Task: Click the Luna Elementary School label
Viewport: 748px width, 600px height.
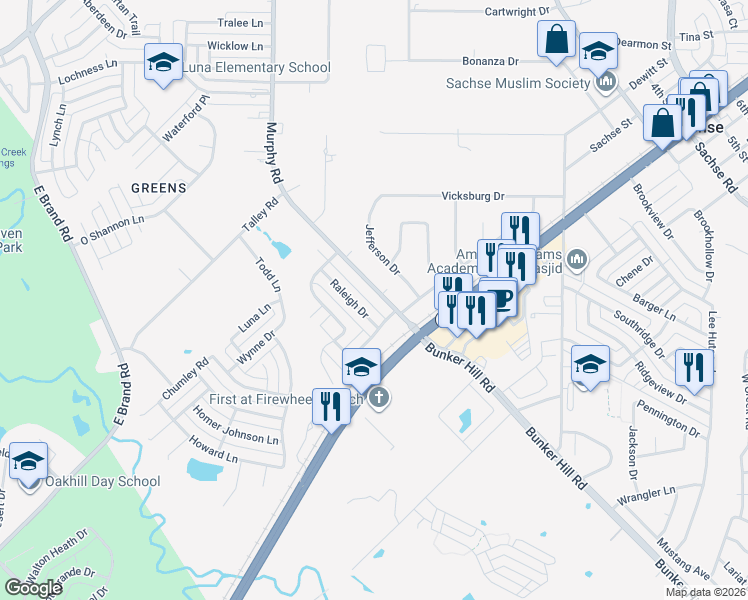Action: click(x=254, y=68)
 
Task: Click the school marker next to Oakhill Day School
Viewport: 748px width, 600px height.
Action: click(x=28, y=462)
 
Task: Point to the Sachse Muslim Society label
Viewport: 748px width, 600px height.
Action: click(x=519, y=83)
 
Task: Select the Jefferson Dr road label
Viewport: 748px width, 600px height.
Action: click(x=382, y=249)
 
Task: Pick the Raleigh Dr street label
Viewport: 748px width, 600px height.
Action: click(x=350, y=298)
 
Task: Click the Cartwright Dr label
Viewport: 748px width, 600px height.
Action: click(x=517, y=10)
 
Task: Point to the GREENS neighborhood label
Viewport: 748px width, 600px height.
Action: click(x=158, y=187)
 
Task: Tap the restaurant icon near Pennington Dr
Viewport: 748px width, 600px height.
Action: click(x=691, y=367)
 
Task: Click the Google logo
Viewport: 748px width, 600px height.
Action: click(x=33, y=587)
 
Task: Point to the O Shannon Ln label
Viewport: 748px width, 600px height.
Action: click(x=112, y=229)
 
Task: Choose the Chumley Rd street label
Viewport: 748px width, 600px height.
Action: click(x=185, y=380)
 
